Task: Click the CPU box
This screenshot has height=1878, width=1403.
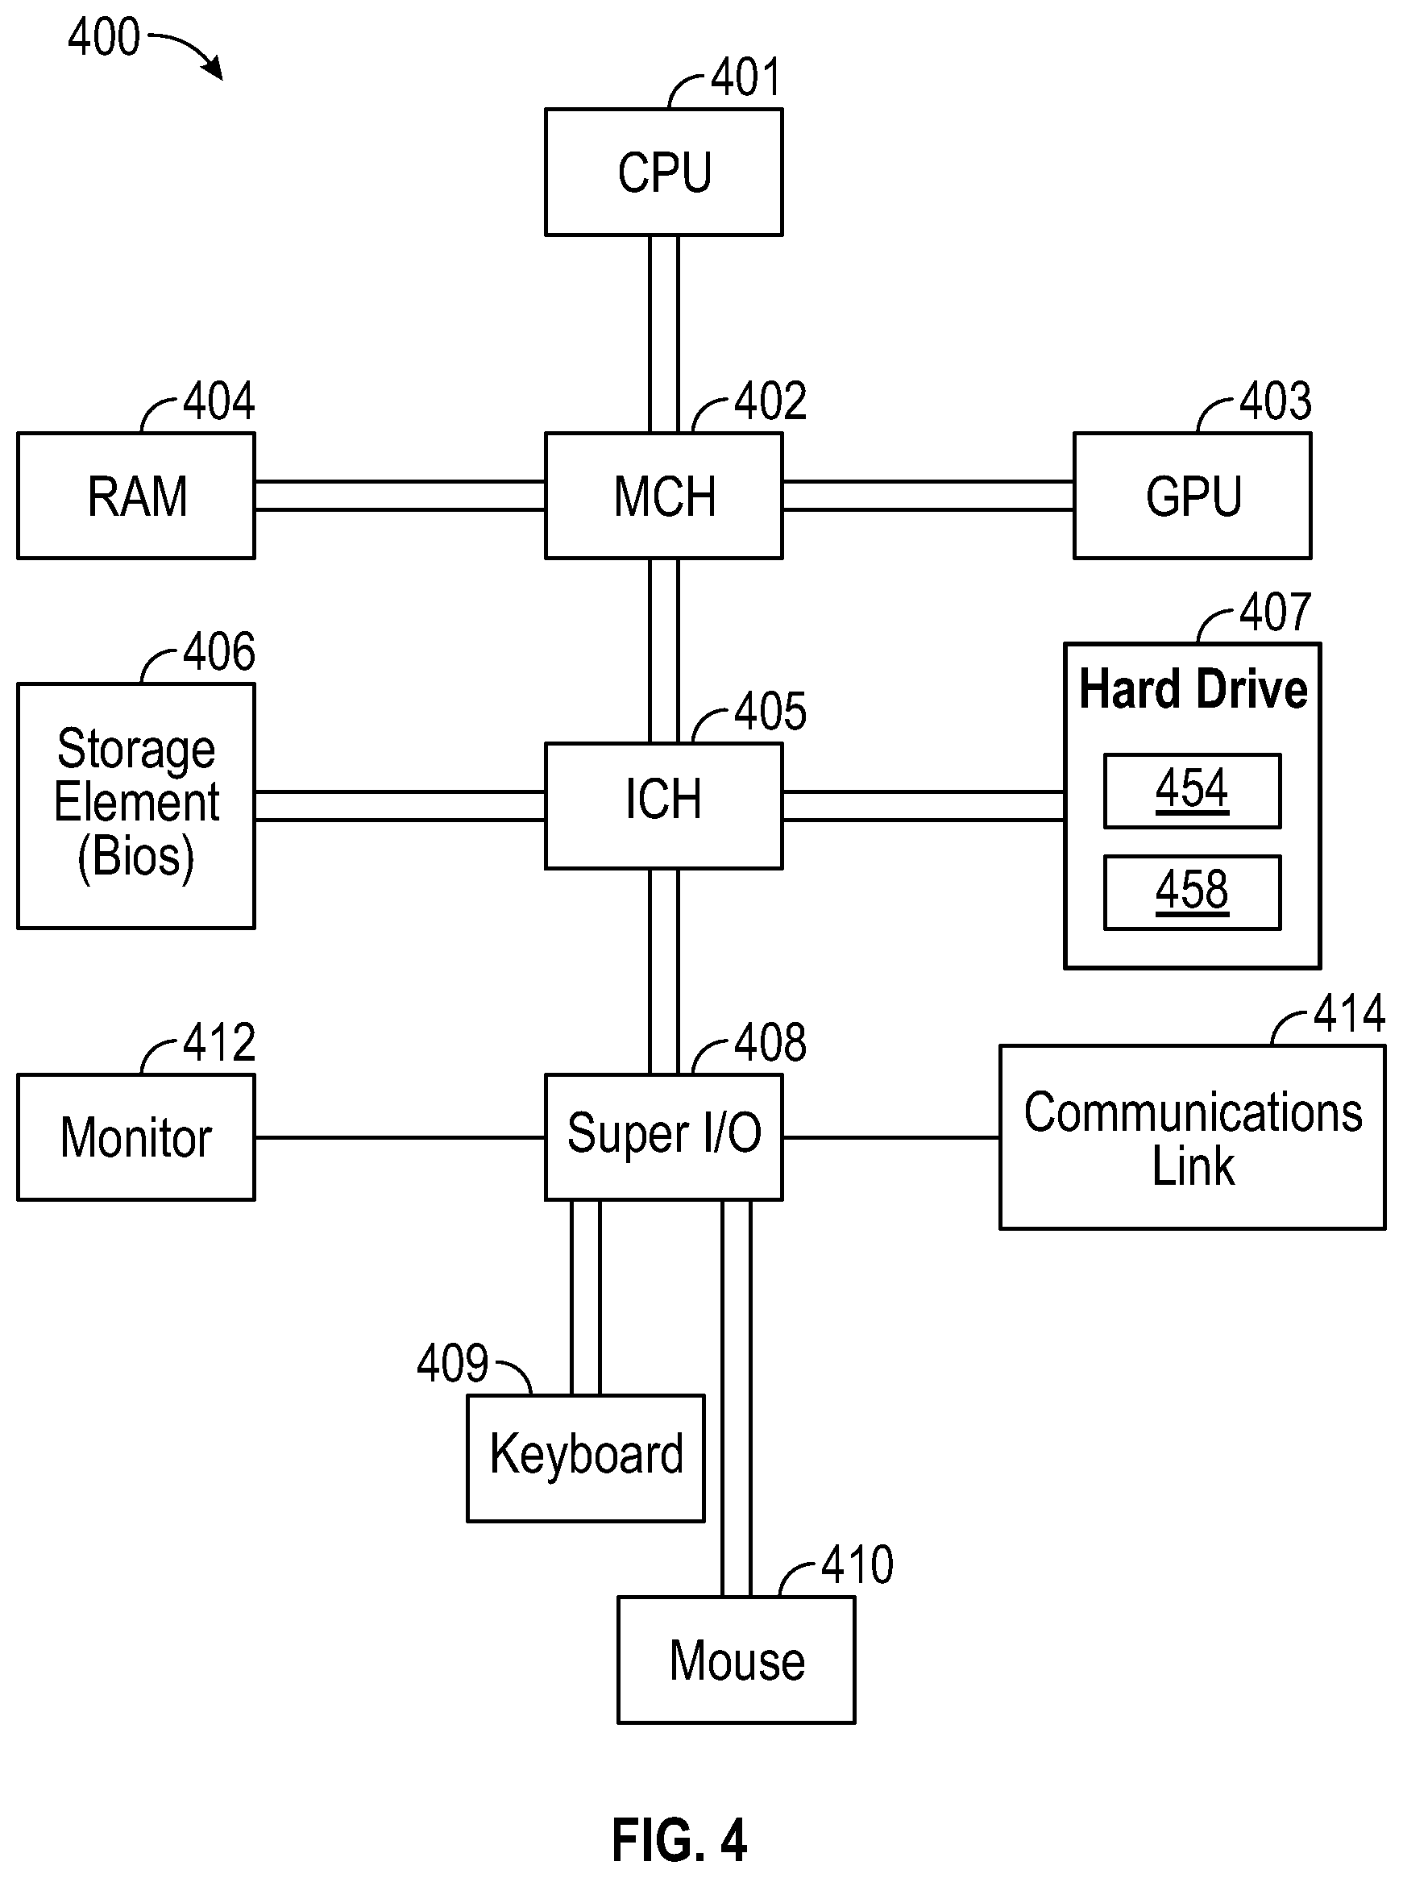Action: tap(664, 172)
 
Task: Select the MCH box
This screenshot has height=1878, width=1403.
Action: tap(664, 496)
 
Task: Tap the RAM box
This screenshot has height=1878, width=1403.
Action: tap(136, 496)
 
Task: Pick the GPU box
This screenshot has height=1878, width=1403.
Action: tap(1193, 496)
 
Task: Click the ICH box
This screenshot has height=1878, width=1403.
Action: tap(664, 806)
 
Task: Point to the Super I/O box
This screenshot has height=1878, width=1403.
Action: tap(664, 1136)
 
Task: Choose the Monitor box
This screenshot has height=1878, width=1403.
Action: tap(136, 1136)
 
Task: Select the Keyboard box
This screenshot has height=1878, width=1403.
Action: tap(586, 1458)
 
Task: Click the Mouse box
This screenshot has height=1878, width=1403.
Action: tap(736, 1660)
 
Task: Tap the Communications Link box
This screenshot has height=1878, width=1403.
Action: tap(1193, 1136)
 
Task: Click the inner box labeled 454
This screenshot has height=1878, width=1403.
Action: tap(1193, 791)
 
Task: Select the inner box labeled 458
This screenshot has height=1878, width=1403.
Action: tap(1193, 892)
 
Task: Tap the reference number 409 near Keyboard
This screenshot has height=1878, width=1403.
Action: tap(452, 1364)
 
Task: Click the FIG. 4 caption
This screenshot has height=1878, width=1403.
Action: tap(679, 1841)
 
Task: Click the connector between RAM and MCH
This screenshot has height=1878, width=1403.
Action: tap(400, 496)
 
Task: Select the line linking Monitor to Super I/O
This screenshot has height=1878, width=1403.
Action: tap(400, 1136)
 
